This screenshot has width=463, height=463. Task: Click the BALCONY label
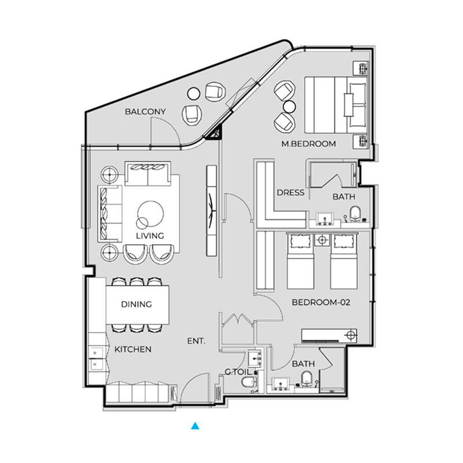(145, 112)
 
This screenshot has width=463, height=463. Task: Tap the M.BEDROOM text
(308, 144)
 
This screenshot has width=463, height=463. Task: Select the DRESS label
(290, 193)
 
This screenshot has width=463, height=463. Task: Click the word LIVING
(150, 236)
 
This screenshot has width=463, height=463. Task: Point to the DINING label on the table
(136, 304)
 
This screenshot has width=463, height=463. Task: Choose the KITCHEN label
(133, 350)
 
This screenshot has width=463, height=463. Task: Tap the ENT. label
(197, 341)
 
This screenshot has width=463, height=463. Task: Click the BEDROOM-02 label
(322, 302)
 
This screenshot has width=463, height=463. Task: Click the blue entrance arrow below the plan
(196, 427)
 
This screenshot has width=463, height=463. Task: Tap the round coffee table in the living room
(151, 212)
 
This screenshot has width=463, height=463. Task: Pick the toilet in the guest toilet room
(249, 383)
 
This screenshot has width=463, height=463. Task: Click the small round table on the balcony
(194, 93)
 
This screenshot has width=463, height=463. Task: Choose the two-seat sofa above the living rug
(148, 174)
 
